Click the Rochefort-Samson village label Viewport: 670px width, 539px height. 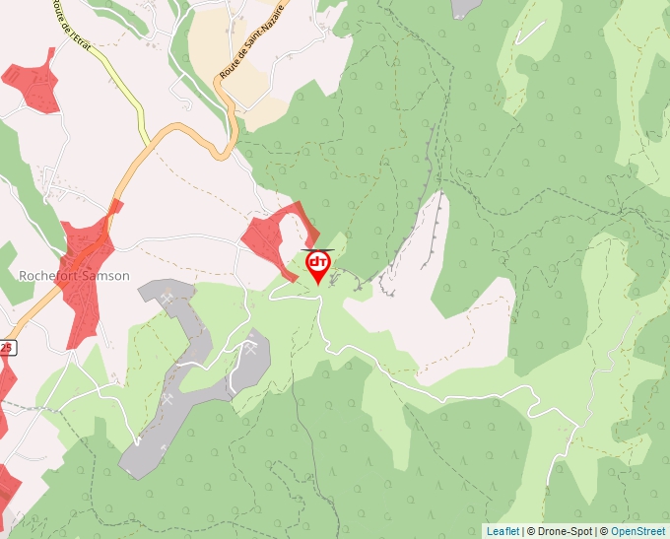click(x=74, y=276)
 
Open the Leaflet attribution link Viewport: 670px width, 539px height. click(x=502, y=531)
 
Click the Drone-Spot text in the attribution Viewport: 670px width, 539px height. click(x=566, y=531)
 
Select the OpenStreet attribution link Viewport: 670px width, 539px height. click(x=639, y=531)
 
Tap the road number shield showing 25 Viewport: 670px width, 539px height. click(x=7, y=348)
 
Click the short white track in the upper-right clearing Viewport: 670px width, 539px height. click(x=529, y=33)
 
